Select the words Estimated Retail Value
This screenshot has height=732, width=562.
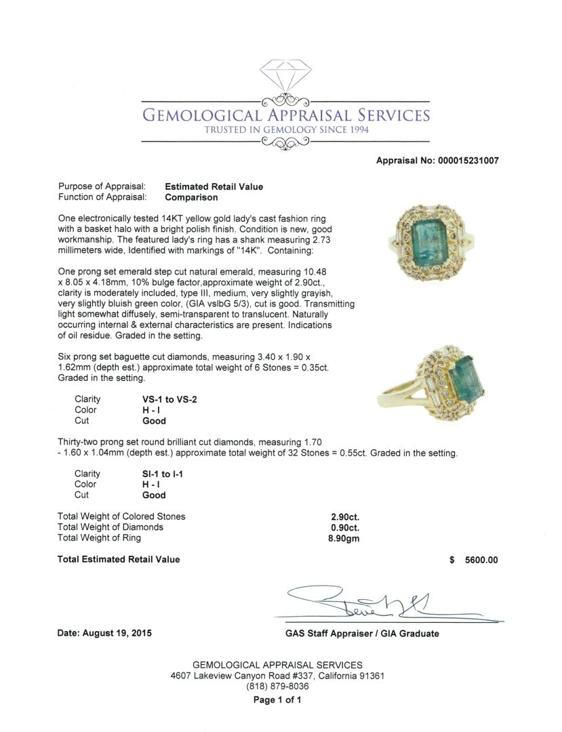(x=214, y=186)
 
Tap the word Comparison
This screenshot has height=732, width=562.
(x=191, y=197)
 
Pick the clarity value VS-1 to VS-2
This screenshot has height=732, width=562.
(x=165, y=399)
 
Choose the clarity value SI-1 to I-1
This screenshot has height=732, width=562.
(x=158, y=474)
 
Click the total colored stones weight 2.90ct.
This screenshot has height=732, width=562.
(x=344, y=516)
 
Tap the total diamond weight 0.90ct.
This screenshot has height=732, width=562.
(x=344, y=527)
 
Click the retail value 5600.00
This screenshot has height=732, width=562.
(x=481, y=560)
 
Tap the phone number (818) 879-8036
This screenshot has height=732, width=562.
(x=277, y=687)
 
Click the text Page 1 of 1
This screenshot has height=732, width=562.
(x=277, y=700)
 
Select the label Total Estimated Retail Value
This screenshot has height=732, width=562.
(x=119, y=559)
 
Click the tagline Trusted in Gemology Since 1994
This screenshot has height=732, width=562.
(x=286, y=130)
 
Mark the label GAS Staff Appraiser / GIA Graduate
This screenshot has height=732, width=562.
(x=362, y=634)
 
